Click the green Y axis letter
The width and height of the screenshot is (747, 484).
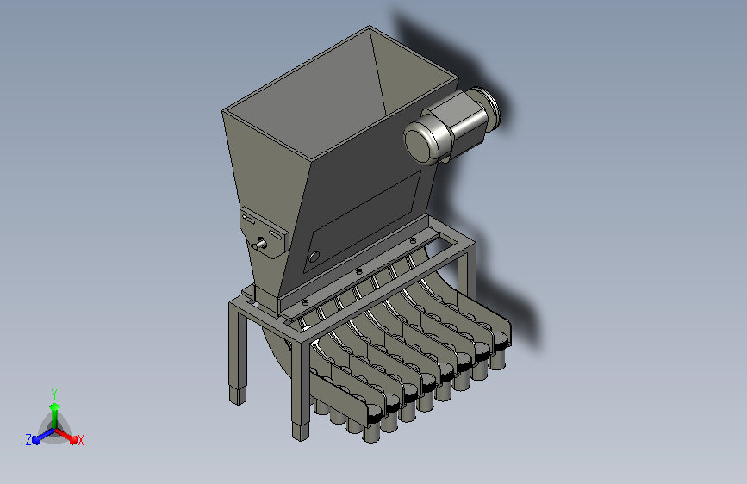point(54,394)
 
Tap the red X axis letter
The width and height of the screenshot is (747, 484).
point(80,440)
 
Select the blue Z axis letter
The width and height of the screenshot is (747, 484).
point(28,440)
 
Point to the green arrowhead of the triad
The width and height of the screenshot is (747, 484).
point(55,406)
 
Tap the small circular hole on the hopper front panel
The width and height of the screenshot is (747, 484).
point(314,257)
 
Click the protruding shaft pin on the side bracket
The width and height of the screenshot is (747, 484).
point(260,245)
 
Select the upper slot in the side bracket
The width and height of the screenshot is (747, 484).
point(249,219)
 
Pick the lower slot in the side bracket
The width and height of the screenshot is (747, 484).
point(275,234)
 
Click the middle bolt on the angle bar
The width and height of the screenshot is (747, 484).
point(359,271)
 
